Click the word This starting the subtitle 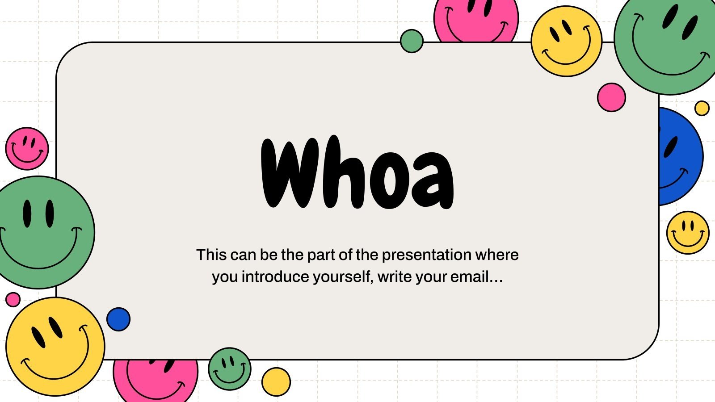click(x=211, y=255)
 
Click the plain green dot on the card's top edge click(x=412, y=41)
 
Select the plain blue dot click(x=118, y=319)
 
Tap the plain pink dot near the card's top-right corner click(x=611, y=97)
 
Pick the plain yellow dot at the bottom click(x=276, y=382)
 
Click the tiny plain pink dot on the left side click(x=13, y=299)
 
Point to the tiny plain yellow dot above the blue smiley click(x=702, y=108)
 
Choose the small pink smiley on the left click(x=27, y=149)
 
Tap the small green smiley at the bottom click(x=229, y=369)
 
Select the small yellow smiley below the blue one click(x=687, y=233)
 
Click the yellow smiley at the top click(x=566, y=41)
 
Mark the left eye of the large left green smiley click(x=28, y=213)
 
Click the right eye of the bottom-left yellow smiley click(x=55, y=327)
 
